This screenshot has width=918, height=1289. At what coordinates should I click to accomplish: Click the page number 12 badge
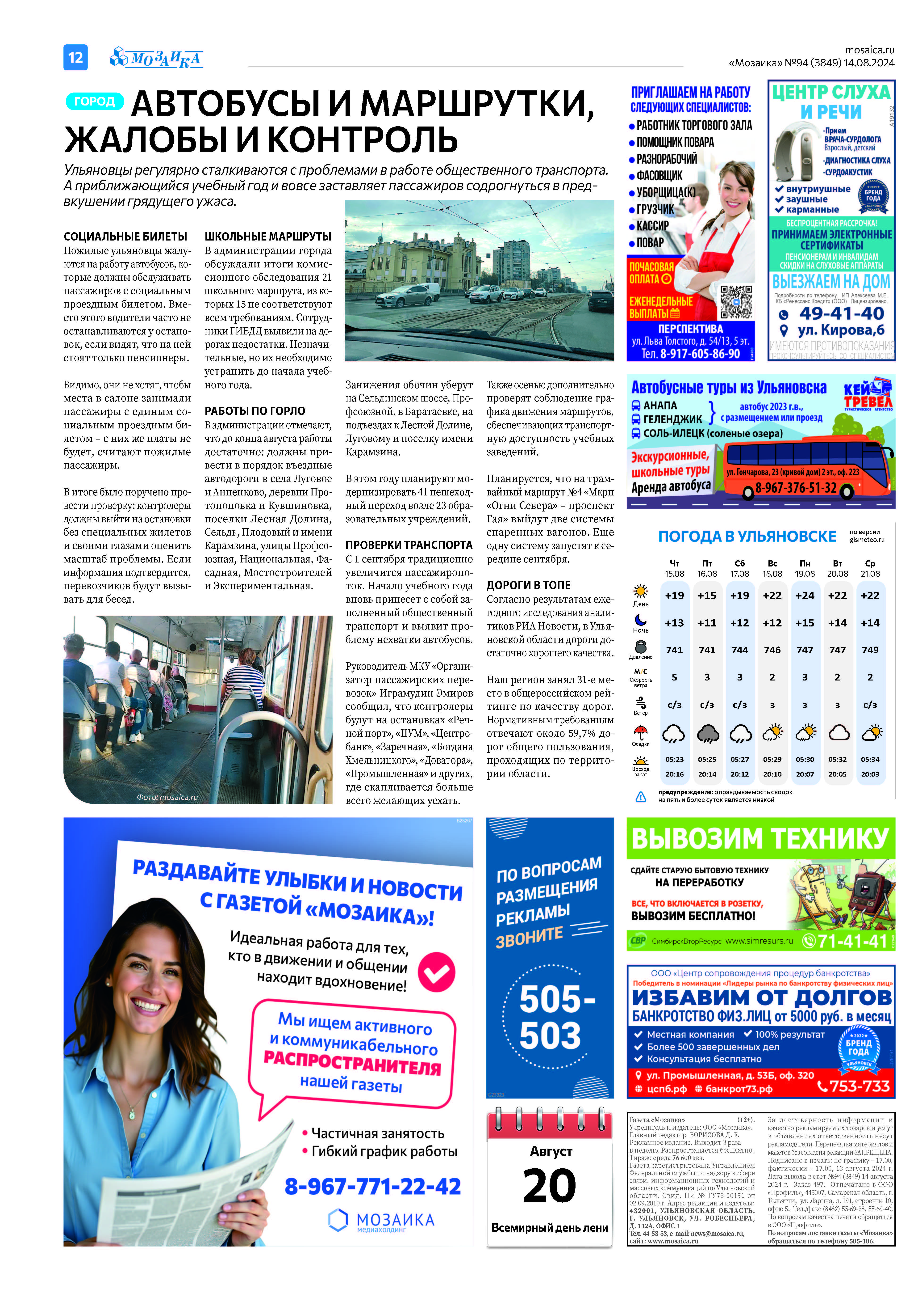[75, 57]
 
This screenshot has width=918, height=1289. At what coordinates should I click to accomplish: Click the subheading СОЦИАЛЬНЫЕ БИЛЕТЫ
[125, 237]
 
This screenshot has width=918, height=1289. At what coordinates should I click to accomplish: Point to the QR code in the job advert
[736, 302]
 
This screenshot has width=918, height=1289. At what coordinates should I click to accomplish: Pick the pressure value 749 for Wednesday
[870, 650]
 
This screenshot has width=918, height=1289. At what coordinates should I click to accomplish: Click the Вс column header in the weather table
[772, 563]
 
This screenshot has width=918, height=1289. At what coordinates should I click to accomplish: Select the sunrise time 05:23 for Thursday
[674, 759]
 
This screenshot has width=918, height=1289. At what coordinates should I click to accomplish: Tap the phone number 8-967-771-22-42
[372, 1186]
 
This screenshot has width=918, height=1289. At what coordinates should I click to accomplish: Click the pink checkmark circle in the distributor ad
[436, 972]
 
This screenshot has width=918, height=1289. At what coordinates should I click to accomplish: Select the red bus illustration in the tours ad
[808, 467]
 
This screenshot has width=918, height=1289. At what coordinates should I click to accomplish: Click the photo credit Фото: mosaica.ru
[167, 797]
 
